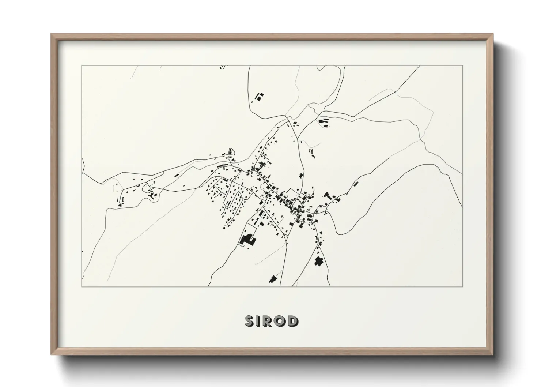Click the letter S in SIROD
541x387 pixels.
click(x=250, y=321)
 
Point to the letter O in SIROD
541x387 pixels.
click(x=281, y=321)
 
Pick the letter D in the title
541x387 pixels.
click(x=293, y=321)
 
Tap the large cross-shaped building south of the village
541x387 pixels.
click(x=319, y=262)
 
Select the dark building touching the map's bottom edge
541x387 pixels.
click(x=272, y=280)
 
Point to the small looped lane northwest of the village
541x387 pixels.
click(x=230, y=151)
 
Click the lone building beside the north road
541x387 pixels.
click(x=301, y=176)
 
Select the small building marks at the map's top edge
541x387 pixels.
click(x=221, y=67)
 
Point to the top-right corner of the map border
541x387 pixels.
click(x=462, y=65)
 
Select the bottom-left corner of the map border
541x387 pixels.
click(x=82, y=286)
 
